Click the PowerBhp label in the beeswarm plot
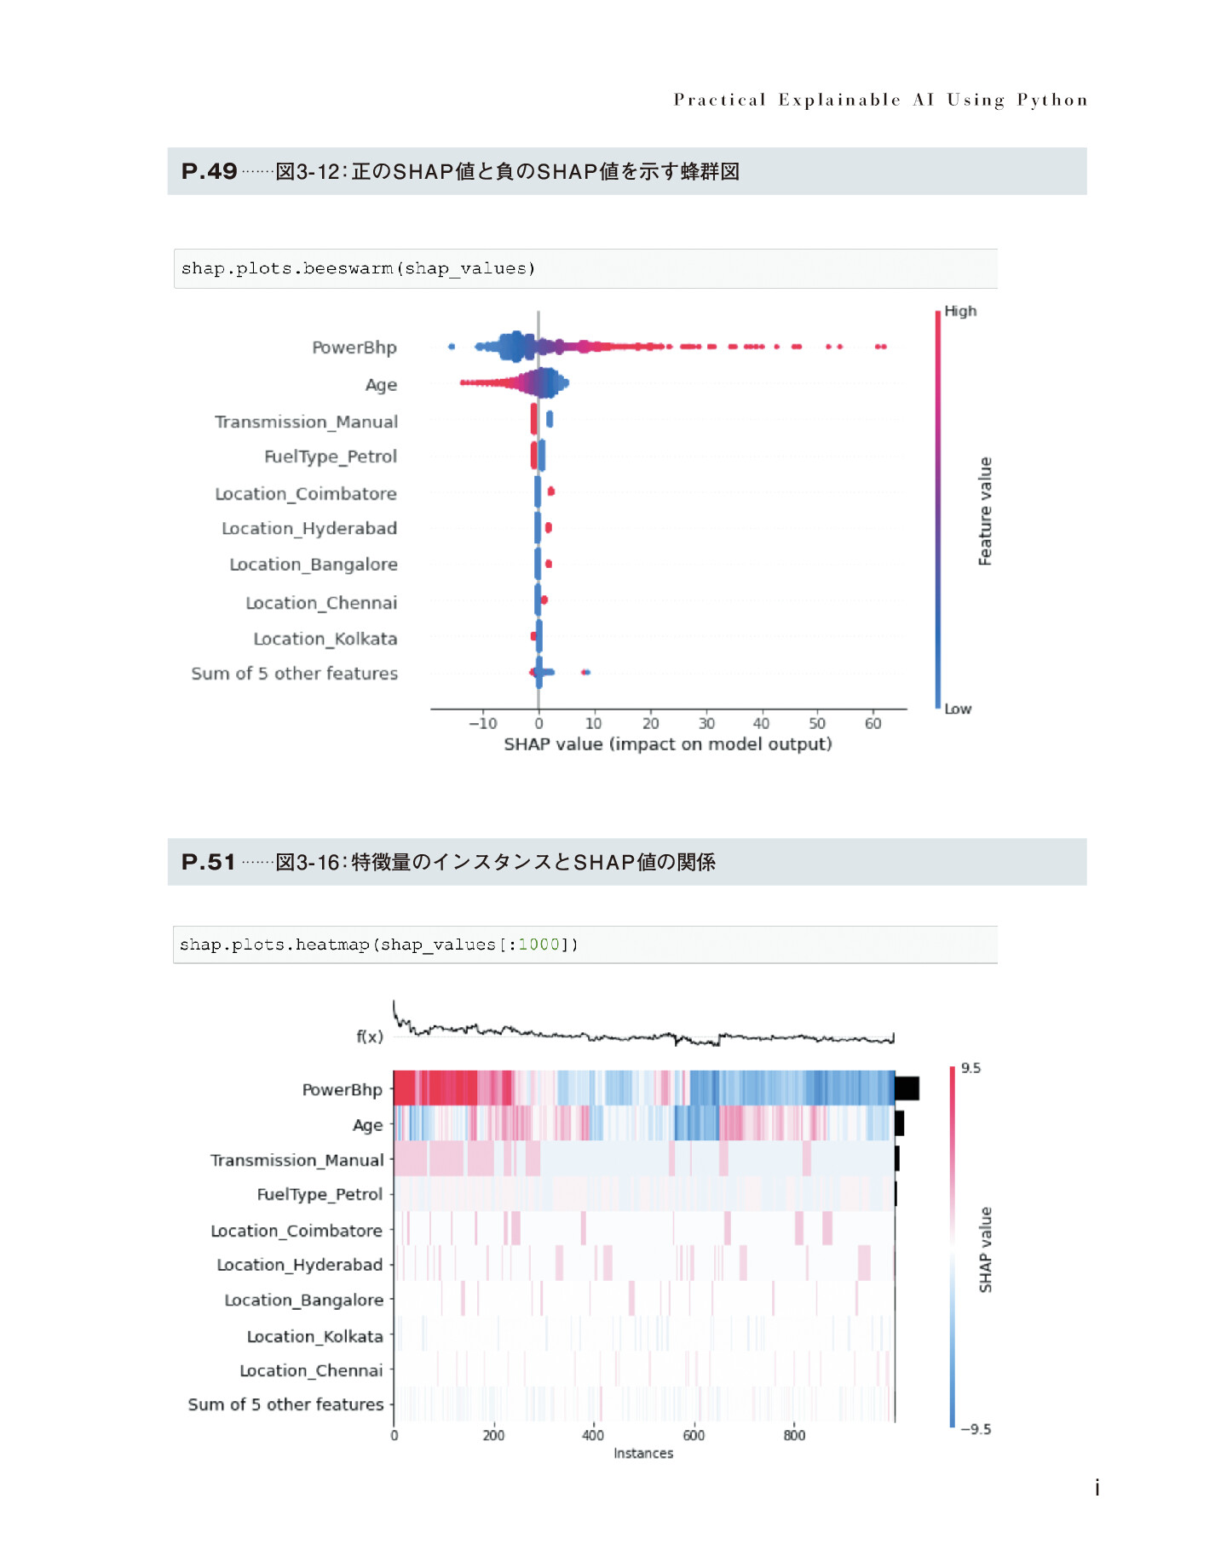pos(354,347)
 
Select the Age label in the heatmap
pos(367,1126)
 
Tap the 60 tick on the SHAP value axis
pos(873,723)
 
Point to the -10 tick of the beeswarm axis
pos(482,723)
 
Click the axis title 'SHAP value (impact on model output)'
pos(668,744)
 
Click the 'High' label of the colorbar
pos(960,311)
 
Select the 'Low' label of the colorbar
pos(958,709)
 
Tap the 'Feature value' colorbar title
pos(985,511)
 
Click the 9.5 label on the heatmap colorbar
pos(970,1068)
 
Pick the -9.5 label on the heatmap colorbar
pos(976,1429)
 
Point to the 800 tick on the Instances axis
pos(794,1435)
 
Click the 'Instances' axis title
pos(643,1453)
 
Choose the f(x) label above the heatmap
pos(370,1036)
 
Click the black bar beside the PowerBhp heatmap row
pos(907,1088)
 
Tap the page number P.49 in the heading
pos(209,171)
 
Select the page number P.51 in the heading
pos(208,862)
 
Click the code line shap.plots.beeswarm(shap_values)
pos(358,268)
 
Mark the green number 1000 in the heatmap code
pos(539,945)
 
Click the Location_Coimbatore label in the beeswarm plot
pos(306,494)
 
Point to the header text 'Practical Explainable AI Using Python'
pos(881,100)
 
